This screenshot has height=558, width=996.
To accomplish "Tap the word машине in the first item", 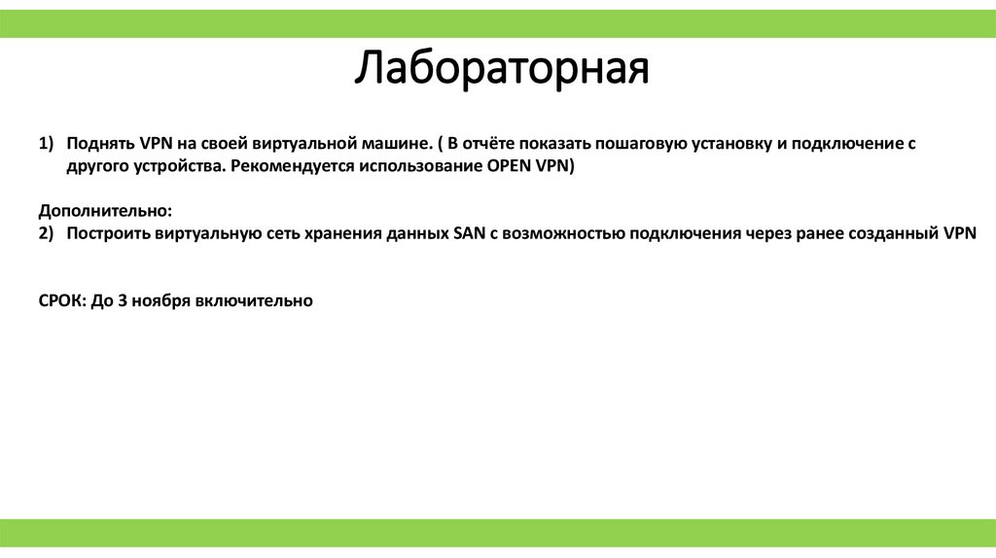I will [397, 143].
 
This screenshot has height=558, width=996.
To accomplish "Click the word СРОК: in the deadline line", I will [61, 301].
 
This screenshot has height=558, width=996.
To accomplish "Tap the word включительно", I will [254, 301].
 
